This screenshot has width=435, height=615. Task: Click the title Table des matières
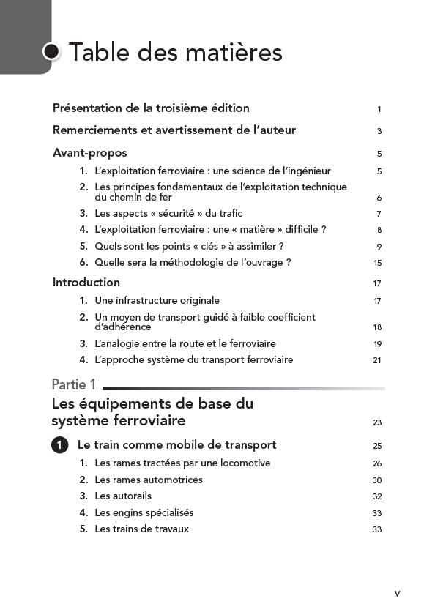point(175,53)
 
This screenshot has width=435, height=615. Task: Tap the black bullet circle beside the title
point(52,52)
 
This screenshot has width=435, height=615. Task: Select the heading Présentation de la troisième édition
point(151,108)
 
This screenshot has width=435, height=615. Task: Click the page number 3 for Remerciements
point(379,132)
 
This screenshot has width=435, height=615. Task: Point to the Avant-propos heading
point(89,153)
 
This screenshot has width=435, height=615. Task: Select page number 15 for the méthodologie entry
point(378,264)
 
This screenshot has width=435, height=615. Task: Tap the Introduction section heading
point(86,283)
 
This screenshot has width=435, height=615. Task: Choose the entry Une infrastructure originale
point(157,301)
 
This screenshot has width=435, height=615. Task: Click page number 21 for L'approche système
point(378,360)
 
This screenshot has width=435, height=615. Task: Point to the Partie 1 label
point(74,384)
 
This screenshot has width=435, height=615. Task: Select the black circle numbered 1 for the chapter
point(60,445)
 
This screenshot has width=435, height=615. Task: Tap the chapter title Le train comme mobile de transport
point(176,445)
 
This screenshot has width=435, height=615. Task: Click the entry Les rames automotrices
point(149,480)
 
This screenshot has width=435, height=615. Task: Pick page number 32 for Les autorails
point(378,497)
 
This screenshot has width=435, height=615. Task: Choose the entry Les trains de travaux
point(141,529)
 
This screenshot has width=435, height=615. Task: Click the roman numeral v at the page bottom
point(397,593)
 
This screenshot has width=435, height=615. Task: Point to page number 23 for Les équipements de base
point(378,422)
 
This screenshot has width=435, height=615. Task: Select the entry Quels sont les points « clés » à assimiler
point(189,247)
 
